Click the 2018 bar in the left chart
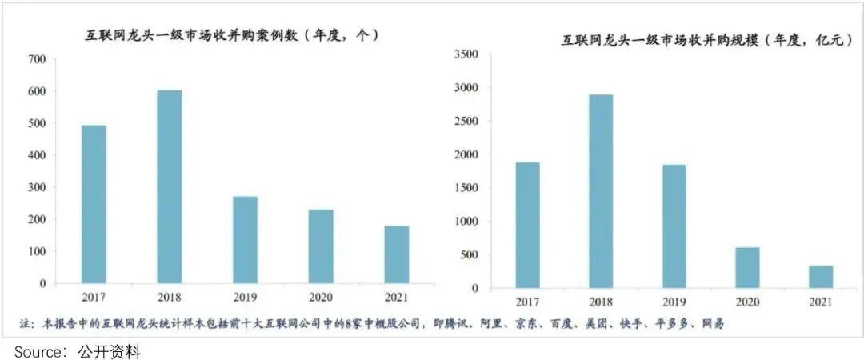[170, 186]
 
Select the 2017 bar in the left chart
[94, 204]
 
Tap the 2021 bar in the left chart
[396, 254]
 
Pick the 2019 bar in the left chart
[245, 239]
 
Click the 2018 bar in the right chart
[602, 191]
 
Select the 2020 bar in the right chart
[748, 267]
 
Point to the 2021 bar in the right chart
[821, 277]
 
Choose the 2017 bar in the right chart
[528, 225]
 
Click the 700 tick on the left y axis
[36, 59]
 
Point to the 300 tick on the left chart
[36, 187]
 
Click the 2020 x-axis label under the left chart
[321, 298]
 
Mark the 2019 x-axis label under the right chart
[674, 303]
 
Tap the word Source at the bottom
[39, 351]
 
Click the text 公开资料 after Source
[110, 351]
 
